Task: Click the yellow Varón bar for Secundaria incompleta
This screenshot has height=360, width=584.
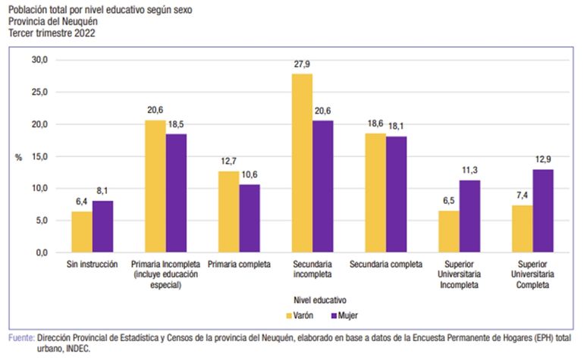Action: coord(302,163)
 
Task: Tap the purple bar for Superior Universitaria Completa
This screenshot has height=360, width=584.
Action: coord(543,211)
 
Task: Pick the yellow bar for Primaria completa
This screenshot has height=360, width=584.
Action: coord(229,211)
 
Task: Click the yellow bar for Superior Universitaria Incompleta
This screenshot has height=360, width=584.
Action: coord(449,231)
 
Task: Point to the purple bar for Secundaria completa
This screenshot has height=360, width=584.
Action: coord(396,194)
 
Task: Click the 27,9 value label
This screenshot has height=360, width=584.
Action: coord(302,65)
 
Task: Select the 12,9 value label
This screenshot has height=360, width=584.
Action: coord(543,161)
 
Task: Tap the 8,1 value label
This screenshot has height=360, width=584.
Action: coord(103,192)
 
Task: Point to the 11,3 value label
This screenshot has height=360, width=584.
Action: coord(469,171)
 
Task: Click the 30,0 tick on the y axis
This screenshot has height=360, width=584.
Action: coord(39,60)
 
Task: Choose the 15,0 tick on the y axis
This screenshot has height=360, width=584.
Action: coord(39,156)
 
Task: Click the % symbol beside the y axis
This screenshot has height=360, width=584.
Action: coord(18,157)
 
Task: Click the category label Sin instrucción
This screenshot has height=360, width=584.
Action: coord(92,266)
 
